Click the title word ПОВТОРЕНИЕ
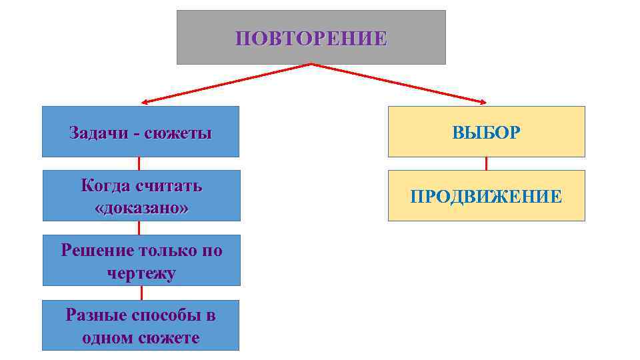[x=311, y=38]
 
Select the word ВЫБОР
[x=486, y=132]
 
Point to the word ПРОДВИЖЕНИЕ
[x=486, y=196]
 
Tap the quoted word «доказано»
[x=141, y=207]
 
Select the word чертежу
[x=141, y=273]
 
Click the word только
[x=170, y=251]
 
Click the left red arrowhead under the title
[x=144, y=103]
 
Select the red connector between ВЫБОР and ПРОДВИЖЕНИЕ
[x=486, y=163]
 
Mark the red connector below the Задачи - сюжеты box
[x=139, y=163]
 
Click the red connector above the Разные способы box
[x=141, y=293]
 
